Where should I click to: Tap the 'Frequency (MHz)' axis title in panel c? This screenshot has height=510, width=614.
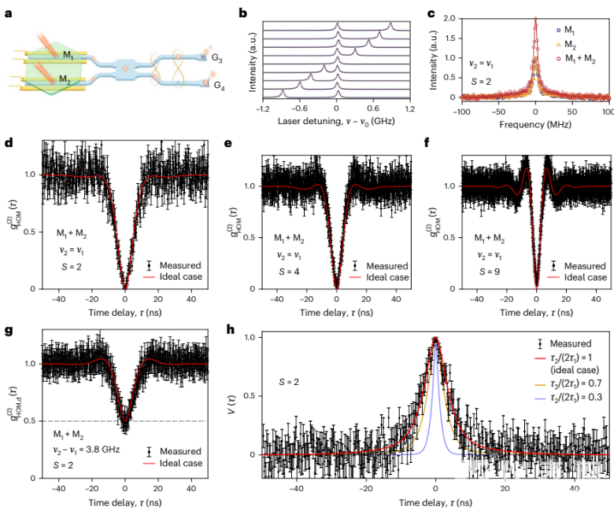535,123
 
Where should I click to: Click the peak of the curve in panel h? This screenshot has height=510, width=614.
435,339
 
